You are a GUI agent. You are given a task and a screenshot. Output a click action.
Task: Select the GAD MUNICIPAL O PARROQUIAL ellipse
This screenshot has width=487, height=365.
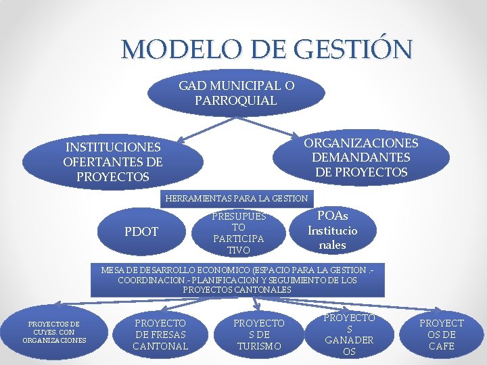[x=236, y=94]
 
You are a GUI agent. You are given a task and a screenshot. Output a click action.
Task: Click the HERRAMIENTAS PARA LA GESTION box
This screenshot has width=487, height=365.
[x=236, y=199]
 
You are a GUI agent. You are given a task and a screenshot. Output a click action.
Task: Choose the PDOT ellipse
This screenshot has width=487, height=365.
[x=141, y=232]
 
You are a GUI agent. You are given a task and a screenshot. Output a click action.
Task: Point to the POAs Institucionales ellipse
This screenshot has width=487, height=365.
[x=332, y=230]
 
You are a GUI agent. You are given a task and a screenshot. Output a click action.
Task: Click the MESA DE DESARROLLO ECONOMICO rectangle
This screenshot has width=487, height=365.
[x=237, y=279]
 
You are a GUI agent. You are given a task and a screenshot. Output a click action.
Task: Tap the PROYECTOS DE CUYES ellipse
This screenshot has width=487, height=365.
[x=54, y=332]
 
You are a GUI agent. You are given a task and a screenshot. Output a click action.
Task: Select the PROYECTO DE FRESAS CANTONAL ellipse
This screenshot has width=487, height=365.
[x=160, y=335]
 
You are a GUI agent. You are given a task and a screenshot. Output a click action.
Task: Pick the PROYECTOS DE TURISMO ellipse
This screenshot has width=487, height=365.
[x=259, y=335]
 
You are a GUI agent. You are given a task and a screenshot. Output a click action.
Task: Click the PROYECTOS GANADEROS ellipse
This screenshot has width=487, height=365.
[x=349, y=335]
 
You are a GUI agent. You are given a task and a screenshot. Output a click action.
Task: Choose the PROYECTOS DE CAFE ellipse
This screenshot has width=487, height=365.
[x=441, y=335]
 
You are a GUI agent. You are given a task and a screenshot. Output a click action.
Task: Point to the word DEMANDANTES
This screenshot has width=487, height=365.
[x=361, y=157]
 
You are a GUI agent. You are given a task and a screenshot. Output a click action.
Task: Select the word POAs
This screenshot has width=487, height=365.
[x=333, y=216]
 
